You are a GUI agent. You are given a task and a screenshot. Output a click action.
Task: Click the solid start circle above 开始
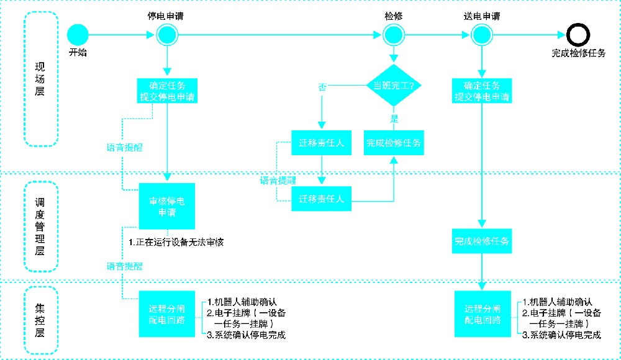(x=78, y=35)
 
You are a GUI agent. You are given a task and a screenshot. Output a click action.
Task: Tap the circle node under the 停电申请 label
(x=167, y=35)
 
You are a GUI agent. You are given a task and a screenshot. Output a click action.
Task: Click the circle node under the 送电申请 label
(x=481, y=35)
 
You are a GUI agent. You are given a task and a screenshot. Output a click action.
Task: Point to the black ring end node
(x=578, y=35)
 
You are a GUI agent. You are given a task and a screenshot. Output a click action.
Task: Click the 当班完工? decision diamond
(x=394, y=85)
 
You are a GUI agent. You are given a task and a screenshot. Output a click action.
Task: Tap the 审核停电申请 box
(x=166, y=207)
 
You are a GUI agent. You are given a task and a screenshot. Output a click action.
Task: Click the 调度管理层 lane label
(x=40, y=226)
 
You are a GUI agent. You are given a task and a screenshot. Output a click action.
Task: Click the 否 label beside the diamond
(x=322, y=88)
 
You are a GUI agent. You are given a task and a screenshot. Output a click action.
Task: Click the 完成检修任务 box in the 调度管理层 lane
(x=482, y=241)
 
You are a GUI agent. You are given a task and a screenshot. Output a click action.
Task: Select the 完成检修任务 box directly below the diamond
(x=394, y=143)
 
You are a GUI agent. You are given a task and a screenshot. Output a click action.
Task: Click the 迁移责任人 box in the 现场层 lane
(x=321, y=143)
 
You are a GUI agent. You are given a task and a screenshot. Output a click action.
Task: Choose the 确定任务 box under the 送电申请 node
(x=482, y=91)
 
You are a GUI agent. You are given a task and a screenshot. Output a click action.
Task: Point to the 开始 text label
(x=78, y=53)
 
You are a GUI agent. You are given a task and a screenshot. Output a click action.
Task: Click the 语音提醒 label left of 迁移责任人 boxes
(x=278, y=180)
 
